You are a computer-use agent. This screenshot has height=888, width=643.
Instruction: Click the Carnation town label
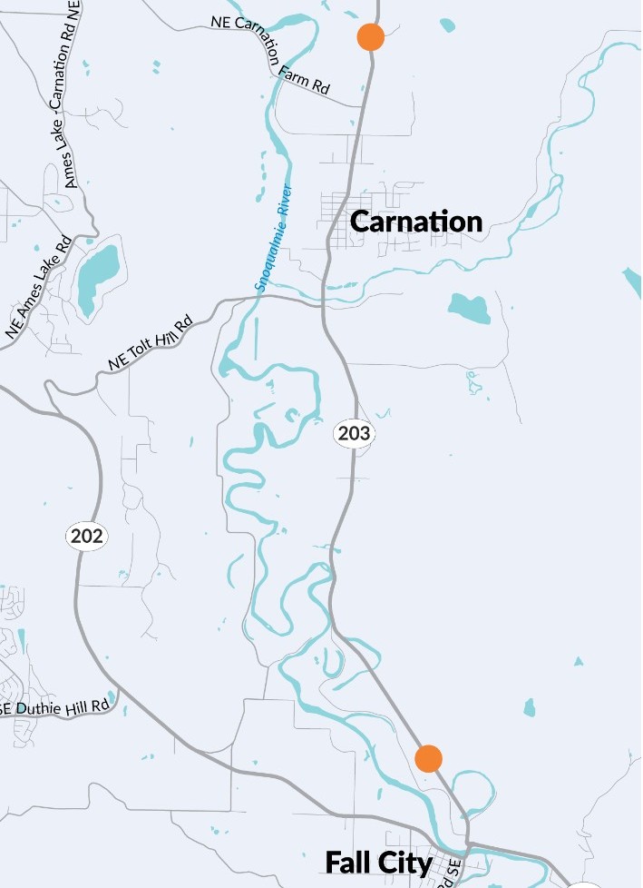tap(415, 222)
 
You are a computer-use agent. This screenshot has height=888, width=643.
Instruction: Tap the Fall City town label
tap(378, 862)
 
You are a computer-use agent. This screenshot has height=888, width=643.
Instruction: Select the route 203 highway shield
tap(354, 434)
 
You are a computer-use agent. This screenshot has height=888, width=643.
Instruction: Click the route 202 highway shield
tap(87, 537)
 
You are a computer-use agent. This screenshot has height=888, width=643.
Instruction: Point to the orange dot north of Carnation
tap(370, 38)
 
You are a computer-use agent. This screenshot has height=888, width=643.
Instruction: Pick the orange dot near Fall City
tap(428, 757)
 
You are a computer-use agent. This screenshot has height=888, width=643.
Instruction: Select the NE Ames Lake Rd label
tap(38, 288)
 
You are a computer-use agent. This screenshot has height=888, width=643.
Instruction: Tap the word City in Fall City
tap(404, 862)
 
